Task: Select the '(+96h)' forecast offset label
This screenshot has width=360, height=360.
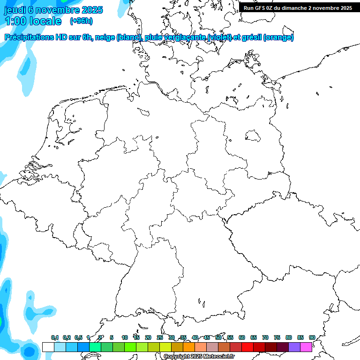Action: pyautogui.click(x=81, y=21)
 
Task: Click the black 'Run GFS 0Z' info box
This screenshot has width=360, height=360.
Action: pyautogui.click(x=298, y=7)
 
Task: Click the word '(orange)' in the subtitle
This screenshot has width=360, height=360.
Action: pyautogui.click(x=278, y=37)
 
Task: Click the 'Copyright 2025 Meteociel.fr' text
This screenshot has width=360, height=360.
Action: pyautogui.click(x=199, y=357)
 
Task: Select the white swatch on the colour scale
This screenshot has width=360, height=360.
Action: pyautogui.click(x=48, y=347)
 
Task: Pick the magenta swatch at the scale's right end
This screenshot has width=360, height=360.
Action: pyautogui.click(x=306, y=347)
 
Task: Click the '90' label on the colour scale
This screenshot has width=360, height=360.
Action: pyautogui.click(x=312, y=337)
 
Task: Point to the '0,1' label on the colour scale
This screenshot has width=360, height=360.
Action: pyautogui.click(x=55, y=337)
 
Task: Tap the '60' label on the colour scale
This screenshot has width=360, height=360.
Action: pyautogui.click(x=242, y=337)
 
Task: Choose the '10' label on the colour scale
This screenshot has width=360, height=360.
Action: pyautogui.click(x=125, y=337)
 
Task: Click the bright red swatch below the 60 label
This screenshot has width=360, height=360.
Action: pyautogui.click(x=247, y=347)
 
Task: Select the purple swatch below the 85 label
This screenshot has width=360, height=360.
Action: pyautogui.click(x=294, y=347)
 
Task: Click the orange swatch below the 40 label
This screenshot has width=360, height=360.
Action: pyautogui.click(x=188, y=347)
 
